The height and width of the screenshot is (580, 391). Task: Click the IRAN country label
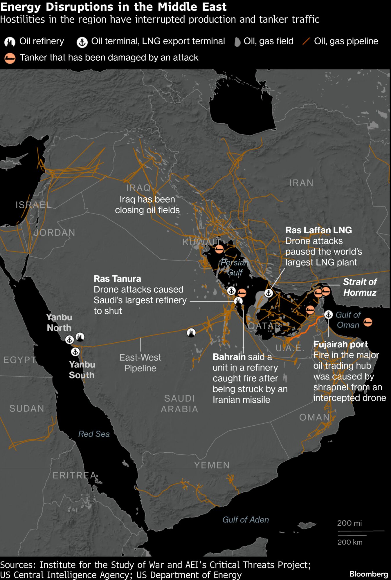coord(301,183)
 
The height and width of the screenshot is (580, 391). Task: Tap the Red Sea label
coord(94,434)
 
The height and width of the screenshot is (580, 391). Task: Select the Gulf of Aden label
coord(246,520)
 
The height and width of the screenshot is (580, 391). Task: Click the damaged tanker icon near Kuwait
coord(219,249)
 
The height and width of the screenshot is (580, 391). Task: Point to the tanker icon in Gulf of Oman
coord(368,322)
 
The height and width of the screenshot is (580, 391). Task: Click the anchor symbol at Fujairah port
coord(328,314)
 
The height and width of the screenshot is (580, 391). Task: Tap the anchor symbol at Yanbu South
coord(75,352)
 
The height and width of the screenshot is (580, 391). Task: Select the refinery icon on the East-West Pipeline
coord(191,333)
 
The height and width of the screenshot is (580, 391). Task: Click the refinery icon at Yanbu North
coord(80,337)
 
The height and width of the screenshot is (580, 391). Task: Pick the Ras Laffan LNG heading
coord(318,230)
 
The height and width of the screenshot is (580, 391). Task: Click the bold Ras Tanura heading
coord(117,279)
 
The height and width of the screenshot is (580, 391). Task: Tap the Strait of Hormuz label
coord(360,287)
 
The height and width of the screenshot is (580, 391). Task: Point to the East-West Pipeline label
coord(140,363)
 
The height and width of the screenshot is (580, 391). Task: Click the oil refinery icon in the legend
coord(10,42)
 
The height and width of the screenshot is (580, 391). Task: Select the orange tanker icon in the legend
coord(10,58)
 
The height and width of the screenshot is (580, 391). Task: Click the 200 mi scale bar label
coord(349,523)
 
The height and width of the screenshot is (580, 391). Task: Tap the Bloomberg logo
coord(369,574)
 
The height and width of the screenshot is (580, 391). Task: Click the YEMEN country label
coord(212,465)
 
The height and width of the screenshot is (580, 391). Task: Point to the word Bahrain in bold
coord(229,357)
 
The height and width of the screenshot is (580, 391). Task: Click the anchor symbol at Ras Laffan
coord(269,293)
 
